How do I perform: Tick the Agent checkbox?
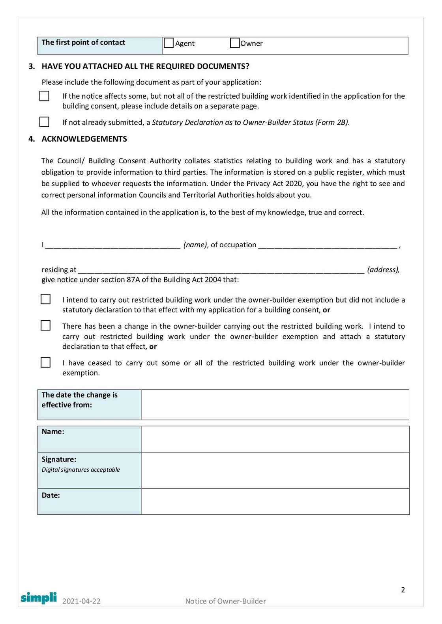[169, 43]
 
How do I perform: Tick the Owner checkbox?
[235, 43]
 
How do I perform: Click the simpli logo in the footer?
[39, 598]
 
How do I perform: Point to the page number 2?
[403, 590]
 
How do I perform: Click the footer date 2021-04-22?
[81, 601]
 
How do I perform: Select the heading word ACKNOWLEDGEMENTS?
[84, 139]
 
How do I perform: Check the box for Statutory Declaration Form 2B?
[45, 122]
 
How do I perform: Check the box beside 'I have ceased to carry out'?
[46, 362]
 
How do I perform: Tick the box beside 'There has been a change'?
[46, 325]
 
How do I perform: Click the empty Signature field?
[275, 470]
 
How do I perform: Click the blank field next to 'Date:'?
[275, 501]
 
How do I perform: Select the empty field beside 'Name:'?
[275, 439]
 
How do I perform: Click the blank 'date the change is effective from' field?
[275, 405]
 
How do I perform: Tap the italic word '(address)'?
[383, 270]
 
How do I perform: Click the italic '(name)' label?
[195, 245]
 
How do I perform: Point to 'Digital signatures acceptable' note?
[81, 470]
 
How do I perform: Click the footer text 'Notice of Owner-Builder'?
[226, 601]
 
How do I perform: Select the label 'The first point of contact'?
[83, 43]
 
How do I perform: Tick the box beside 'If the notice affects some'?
[45, 96]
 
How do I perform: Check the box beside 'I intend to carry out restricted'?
[46, 299]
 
